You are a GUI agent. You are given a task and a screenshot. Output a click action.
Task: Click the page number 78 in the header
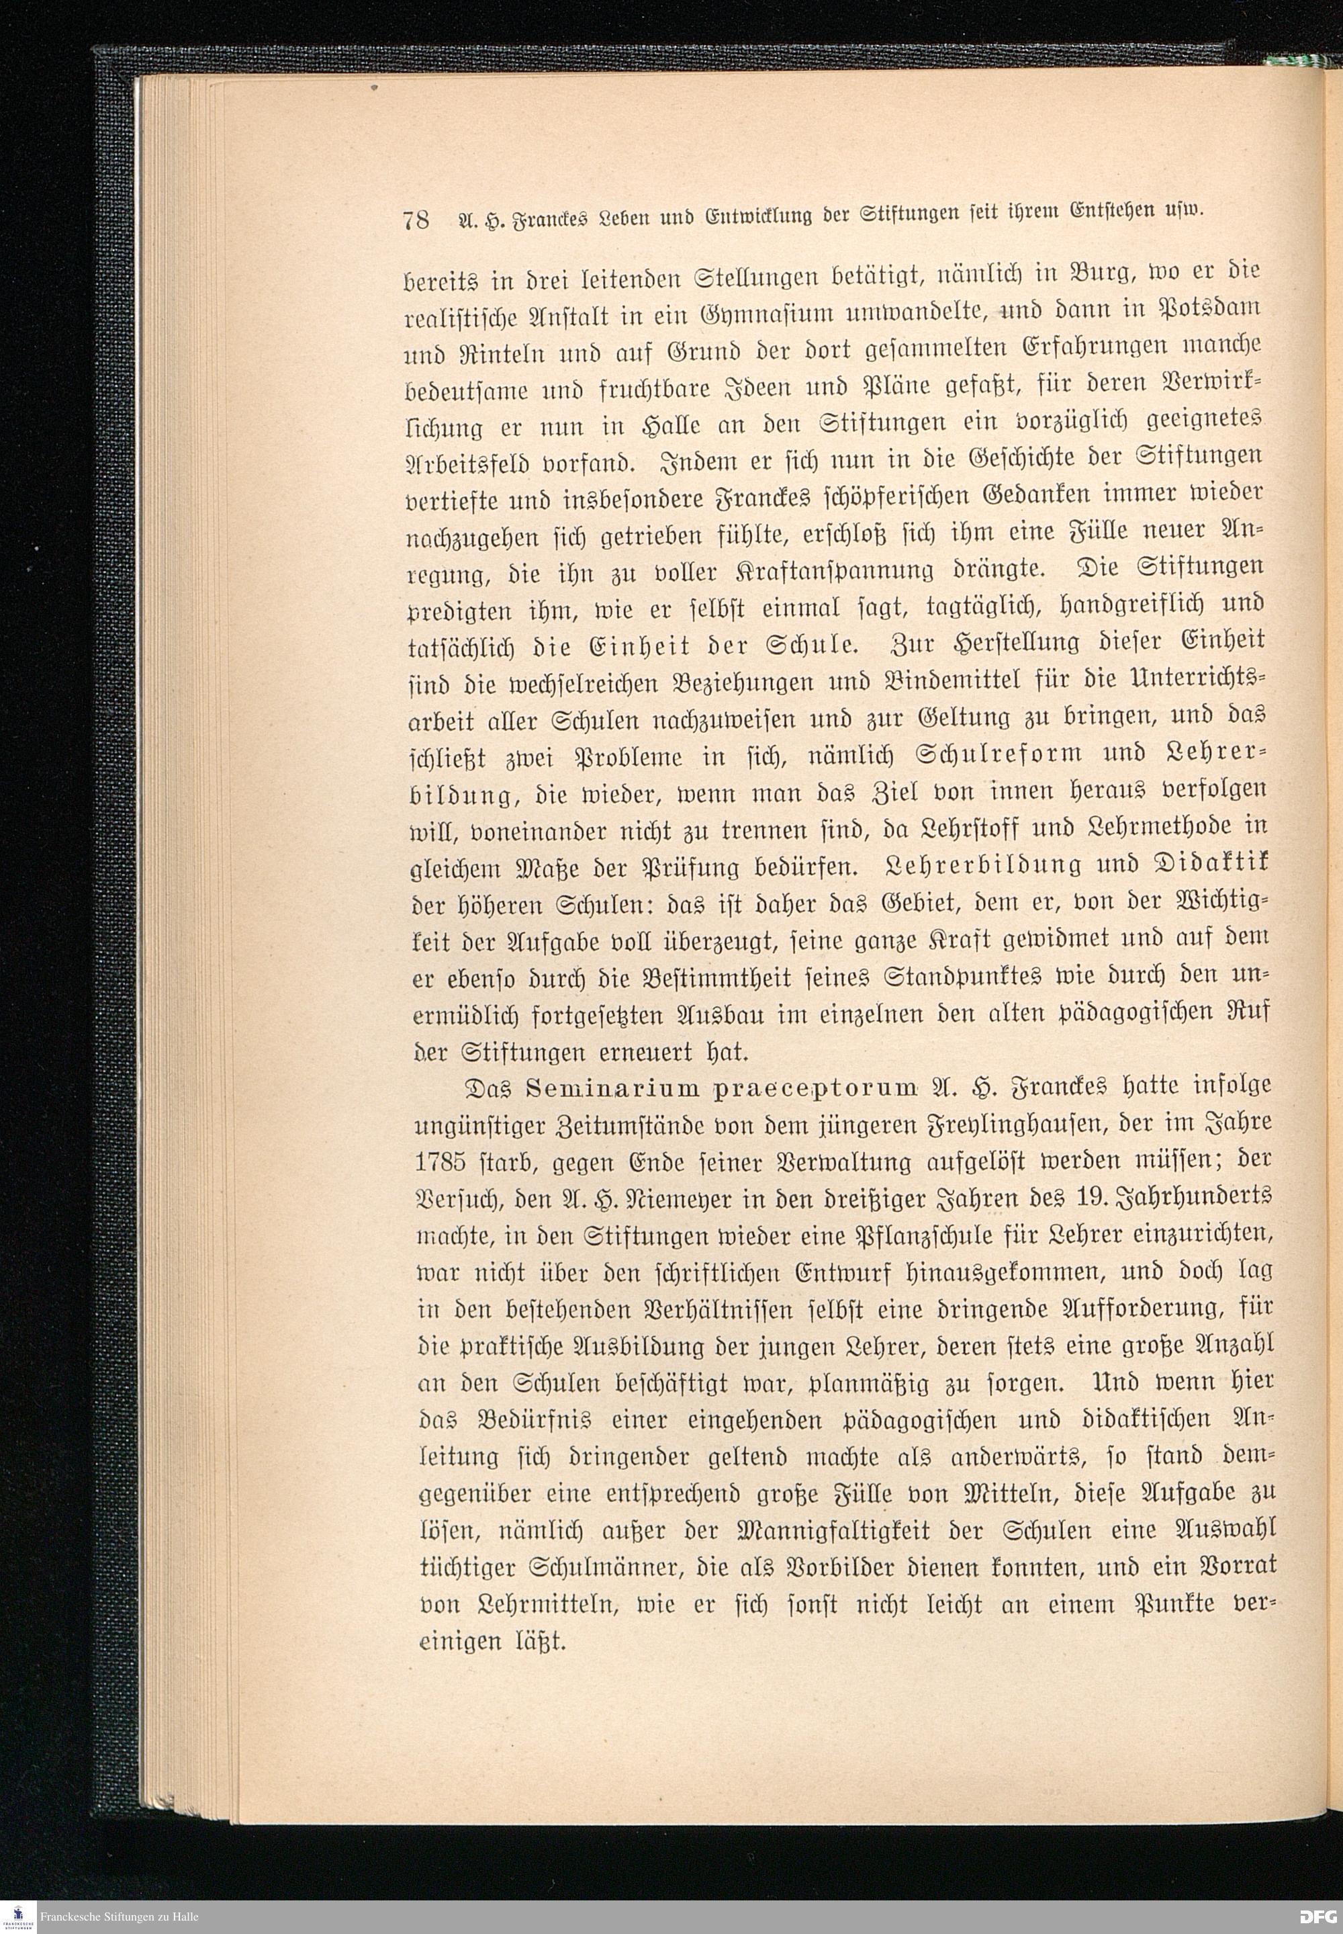[x=416, y=220]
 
